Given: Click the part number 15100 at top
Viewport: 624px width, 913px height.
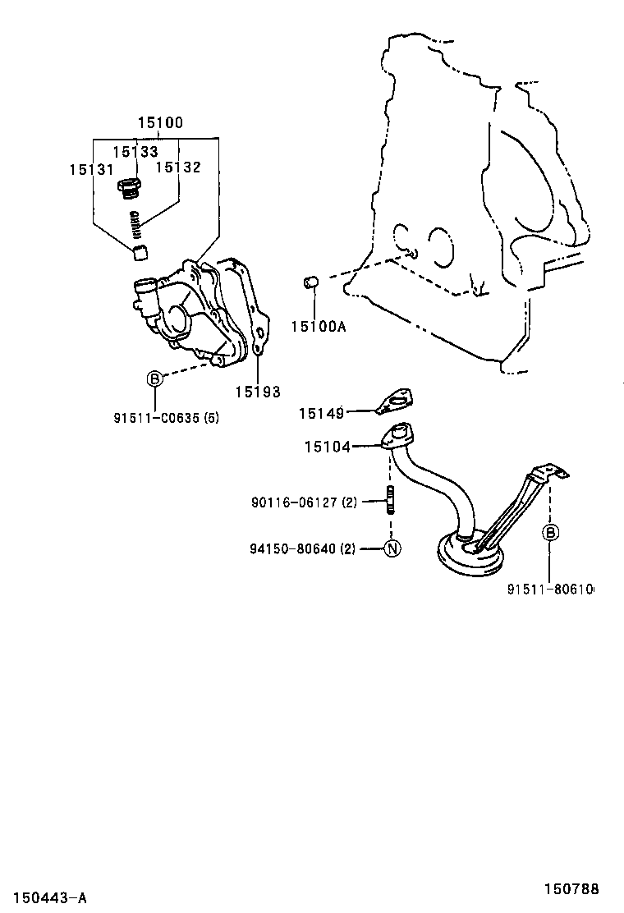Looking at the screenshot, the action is click(160, 123).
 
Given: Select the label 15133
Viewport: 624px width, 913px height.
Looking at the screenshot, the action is click(135, 152).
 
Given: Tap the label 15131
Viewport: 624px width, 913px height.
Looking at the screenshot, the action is click(91, 169).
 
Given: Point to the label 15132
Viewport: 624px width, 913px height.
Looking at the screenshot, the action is click(178, 167).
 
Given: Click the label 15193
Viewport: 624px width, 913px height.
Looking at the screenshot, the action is click(258, 392).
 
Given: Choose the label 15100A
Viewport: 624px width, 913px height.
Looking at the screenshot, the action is click(319, 327).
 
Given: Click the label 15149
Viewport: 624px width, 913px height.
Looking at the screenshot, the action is click(321, 414).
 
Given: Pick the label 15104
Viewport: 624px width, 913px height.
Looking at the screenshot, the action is click(327, 447).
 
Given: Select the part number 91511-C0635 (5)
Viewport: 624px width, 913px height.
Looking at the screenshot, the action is click(167, 417).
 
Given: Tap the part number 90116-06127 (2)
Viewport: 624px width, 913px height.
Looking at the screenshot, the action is click(304, 502).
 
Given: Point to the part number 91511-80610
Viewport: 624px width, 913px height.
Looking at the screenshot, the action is click(550, 590).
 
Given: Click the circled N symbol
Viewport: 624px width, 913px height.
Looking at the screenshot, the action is click(392, 548).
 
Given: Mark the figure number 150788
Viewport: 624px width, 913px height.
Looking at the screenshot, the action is click(571, 888).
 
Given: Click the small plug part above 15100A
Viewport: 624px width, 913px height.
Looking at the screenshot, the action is click(312, 282).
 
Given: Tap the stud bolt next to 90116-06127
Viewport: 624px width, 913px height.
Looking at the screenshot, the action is click(390, 500).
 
